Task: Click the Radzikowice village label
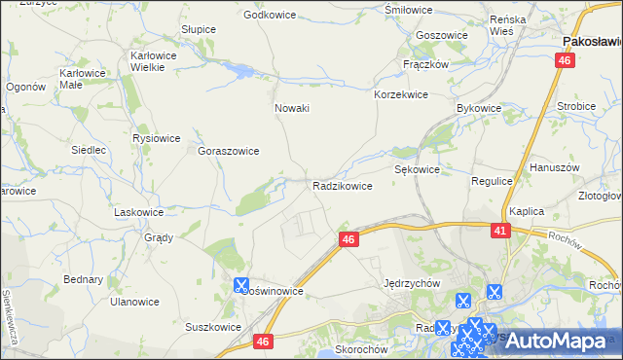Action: pos(342,185)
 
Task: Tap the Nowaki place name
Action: pos(292,108)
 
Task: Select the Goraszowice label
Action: pos(228,152)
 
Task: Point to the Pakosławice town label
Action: pos(593,42)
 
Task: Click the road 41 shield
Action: pos(499,231)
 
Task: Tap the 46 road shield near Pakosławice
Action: pos(566,60)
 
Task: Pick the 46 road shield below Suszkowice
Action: pos(264,341)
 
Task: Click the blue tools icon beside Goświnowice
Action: pos(240,285)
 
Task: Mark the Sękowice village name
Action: pos(418,168)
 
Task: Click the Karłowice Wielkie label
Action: pos(153,61)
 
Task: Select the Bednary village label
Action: pos(83,279)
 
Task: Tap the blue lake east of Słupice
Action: pos(238,70)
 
